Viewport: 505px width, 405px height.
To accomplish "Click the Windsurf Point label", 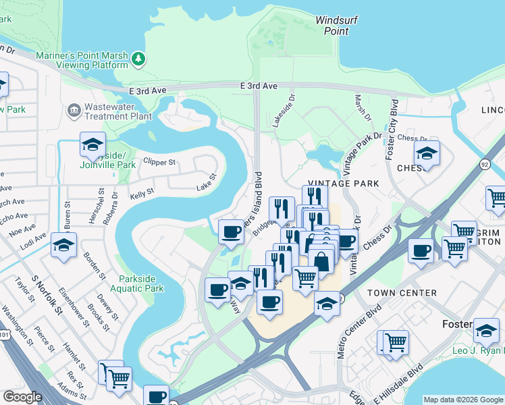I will coord(331,26).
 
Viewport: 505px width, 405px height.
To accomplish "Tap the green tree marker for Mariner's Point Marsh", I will coord(139,59).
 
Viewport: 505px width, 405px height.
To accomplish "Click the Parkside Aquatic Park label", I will coord(141,283).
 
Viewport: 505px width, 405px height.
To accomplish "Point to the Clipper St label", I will coord(159,162).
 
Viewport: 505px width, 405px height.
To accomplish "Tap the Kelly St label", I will coord(142,192).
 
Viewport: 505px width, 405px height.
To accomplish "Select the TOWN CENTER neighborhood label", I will coord(401,293).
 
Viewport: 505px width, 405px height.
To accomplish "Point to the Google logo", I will coord(22,397).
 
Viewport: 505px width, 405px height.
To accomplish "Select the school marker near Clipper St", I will coord(92,143).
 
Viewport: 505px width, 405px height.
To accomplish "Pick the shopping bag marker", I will coord(322,261).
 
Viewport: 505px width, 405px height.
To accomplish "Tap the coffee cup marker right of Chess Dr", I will coord(421,251).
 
